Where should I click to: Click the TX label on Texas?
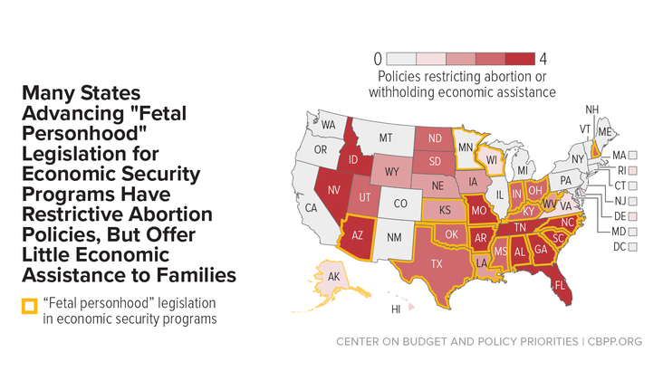(x=437, y=264)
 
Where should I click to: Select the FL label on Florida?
(x=560, y=286)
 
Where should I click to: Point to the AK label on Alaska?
(x=333, y=277)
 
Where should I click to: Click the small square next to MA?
(x=632, y=156)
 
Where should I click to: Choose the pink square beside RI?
(x=632, y=171)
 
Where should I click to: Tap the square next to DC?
(x=632, y=247)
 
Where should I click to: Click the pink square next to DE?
(x=632, y=216)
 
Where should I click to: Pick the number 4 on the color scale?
(x=543, y=59)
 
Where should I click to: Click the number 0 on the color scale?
(x=378, y=59)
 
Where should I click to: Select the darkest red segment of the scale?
(x=520, y=59)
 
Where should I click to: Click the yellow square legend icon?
(x=30, y=307)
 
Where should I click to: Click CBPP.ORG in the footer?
(x=615, y=341)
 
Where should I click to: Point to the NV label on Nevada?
(x=334, y=190)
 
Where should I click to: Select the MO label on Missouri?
(x=479, y=210)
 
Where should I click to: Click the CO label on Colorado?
(x=400, y=204)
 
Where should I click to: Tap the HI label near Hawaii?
(x=396, y=309)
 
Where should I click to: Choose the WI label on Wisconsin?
(x=491, y=160)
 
